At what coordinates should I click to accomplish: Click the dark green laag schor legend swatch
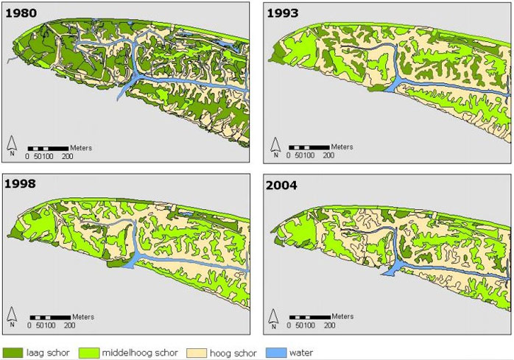coord(15,353)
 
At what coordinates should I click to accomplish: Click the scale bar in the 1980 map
coord(48,149)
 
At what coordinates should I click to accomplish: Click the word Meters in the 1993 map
coord(342,147)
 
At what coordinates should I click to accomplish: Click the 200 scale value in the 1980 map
coord(67,156)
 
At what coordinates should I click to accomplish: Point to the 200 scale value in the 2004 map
coord(329,325)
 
